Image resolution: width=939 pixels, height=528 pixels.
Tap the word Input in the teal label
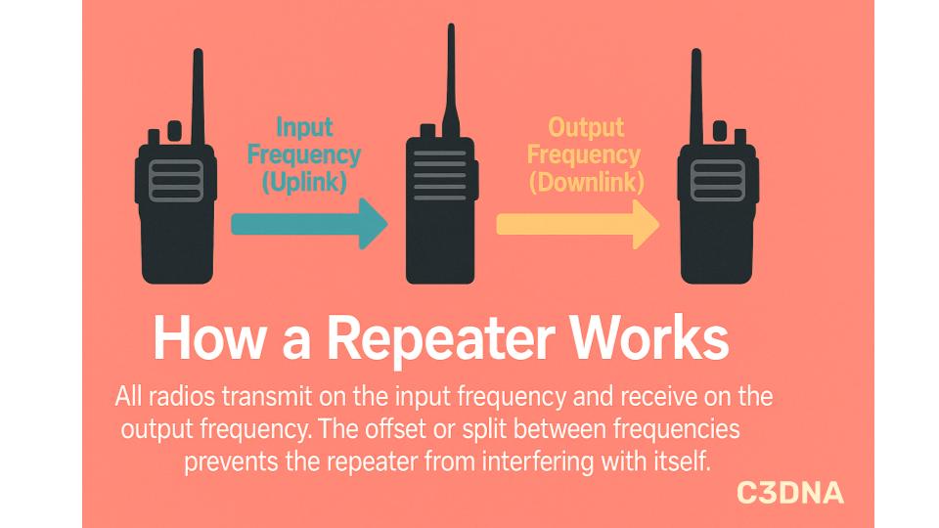click(304, 128)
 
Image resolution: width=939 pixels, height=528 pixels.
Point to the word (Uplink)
click(304, 181)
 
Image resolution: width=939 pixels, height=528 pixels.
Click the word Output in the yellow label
click(585, 128)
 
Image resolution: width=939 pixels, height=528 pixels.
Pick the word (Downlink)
click(585, 181)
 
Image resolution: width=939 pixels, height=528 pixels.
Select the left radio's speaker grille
click(176, 181)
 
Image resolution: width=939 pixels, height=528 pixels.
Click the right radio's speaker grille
click(718, 181)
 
